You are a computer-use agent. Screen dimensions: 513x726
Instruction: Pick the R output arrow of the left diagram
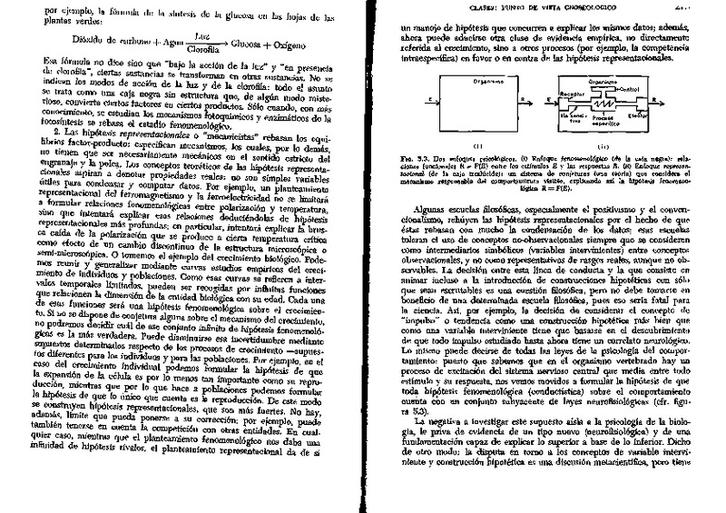click(510, 101)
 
